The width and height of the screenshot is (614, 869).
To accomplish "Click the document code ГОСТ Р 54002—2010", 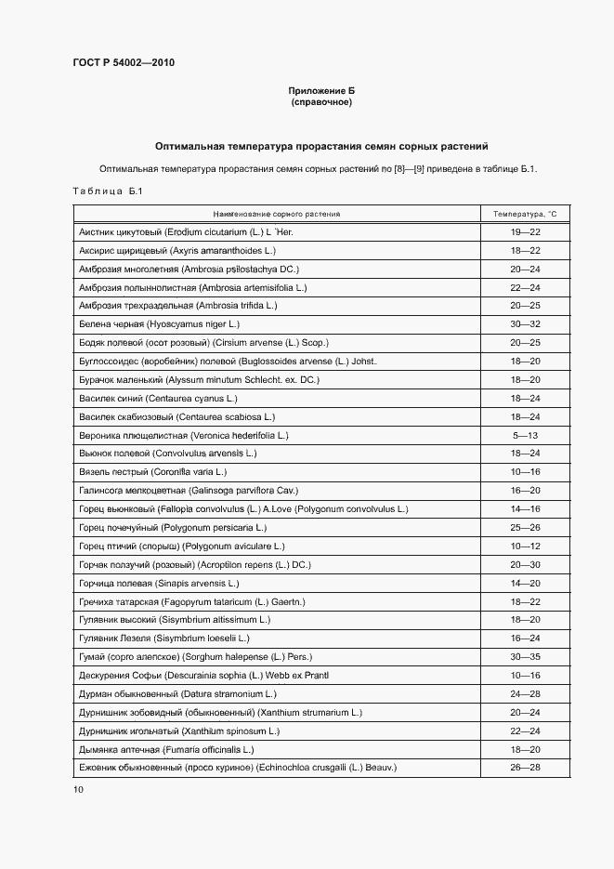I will [x=123, y=63].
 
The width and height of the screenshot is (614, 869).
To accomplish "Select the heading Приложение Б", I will [x=321, y=91].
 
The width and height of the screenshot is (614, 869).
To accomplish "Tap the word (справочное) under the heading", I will [x=321, y=102].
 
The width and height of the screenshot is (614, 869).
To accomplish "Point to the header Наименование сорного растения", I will [x=276, y=214].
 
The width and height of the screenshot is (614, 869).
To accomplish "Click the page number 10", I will [x=78, y=789].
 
